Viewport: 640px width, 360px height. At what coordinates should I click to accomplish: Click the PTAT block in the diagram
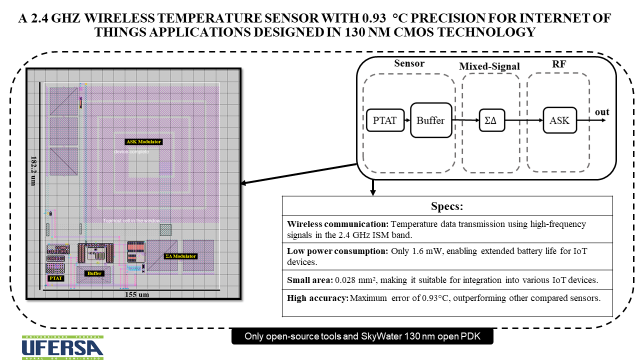(x=385, y=120)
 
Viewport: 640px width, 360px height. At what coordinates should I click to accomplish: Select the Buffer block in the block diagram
(x=430, y=120)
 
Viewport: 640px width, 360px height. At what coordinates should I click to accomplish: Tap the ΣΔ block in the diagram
(x=491, y=120)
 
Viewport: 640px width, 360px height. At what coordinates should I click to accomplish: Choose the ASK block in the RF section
(x=559, y=120)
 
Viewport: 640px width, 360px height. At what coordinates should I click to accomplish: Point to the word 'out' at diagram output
(x=602, y=112)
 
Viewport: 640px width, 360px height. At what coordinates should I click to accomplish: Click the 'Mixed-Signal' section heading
(x=489, y=66)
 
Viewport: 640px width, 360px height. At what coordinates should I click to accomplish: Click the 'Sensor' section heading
(x=409, y=63)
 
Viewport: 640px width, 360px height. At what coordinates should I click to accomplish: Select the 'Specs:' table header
(x=447, y=207)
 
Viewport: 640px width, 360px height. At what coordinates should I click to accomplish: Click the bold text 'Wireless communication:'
(x=337, y=224)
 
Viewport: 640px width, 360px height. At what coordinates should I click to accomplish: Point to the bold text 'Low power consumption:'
(x=337, y=251)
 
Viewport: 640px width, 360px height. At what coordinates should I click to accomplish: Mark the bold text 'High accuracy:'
(x=317, y=298)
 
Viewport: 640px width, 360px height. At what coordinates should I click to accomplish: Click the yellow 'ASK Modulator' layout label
(x=143, y=142)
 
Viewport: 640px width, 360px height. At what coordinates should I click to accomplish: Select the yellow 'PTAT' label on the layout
(x=55, y=277)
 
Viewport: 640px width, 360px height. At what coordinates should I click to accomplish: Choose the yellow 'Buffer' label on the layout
(x=94, y=273)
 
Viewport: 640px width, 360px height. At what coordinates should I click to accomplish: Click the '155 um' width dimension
(x=137, y=294)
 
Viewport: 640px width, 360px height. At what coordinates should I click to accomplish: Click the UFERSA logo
(x=62, y=347)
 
